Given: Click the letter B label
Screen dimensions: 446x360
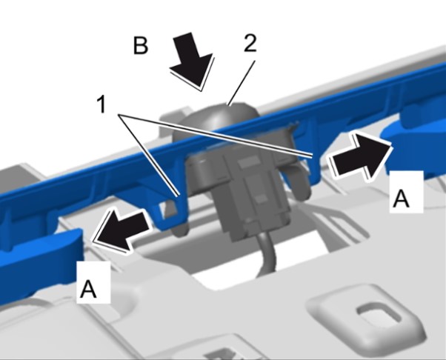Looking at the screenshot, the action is (141, 45).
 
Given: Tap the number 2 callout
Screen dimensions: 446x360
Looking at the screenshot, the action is (250, 43).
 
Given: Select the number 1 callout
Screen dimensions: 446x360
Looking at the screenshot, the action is (101, 104).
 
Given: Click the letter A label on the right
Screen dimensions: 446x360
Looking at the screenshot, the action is (401, 199).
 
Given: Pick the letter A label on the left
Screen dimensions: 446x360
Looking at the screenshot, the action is (88, 289).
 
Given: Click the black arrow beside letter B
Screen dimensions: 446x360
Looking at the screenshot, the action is (193, 61).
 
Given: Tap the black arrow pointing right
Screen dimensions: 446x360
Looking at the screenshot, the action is (360, 156).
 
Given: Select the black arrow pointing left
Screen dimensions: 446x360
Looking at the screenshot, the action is (121, 230).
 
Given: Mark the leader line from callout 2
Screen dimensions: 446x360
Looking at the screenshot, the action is (242, 82).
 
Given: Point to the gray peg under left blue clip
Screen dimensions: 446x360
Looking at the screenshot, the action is (180, 230).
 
